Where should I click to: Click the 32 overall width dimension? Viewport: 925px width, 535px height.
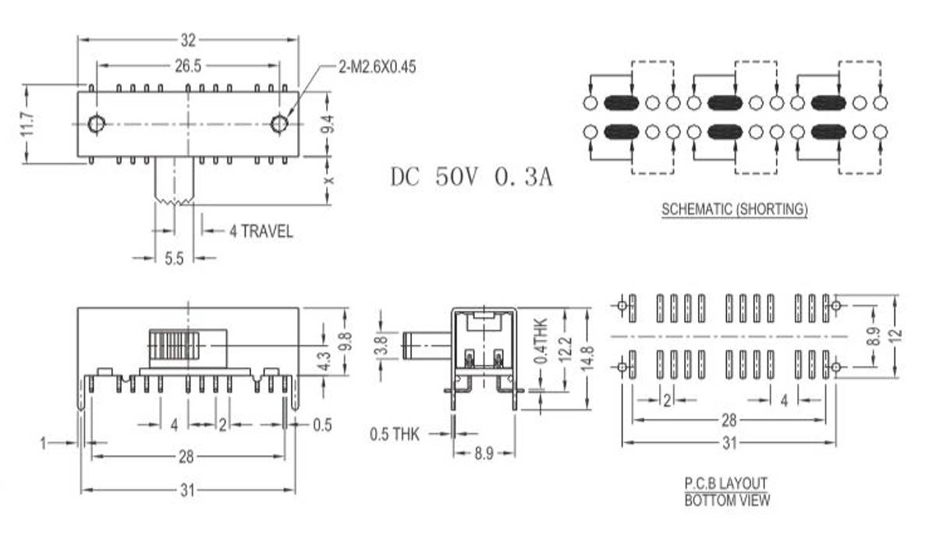[188, 40]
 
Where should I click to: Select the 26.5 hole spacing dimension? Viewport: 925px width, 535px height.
[188, 66]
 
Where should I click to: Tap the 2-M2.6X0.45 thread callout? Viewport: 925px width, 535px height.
[377, 66]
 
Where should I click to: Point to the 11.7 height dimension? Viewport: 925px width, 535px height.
[28, 125]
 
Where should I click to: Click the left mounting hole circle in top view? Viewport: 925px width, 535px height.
[96, 124]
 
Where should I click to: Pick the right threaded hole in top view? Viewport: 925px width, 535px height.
[279, 124]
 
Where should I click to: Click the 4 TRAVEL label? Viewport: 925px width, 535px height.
[260, 231]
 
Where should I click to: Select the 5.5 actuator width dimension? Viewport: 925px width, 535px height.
[174, 258]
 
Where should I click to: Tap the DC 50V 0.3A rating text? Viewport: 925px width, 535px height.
[471, 177]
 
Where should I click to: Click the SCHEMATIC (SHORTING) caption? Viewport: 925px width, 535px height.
[735, 209]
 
